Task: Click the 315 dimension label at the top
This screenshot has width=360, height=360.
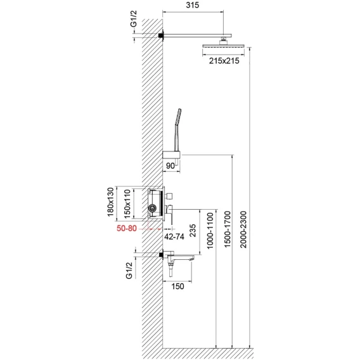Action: coord(193,5)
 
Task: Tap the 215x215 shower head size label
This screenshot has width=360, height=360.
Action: coord(224,61)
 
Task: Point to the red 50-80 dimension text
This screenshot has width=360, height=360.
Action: coord(127,228)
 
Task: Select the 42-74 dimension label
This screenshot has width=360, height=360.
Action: coord(174,236)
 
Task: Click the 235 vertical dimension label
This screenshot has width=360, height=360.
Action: coord(193,231)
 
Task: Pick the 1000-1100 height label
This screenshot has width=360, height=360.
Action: coord(210,231)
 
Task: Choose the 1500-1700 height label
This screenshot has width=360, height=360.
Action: coord(227,229)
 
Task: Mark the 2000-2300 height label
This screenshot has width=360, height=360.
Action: coord(243,229)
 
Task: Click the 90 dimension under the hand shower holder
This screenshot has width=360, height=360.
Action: coord(170,166)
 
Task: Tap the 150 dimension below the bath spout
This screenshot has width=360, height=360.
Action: coord(178,286)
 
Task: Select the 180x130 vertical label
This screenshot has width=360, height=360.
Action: coord(111,202)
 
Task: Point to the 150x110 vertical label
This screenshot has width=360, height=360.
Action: coord(127,203)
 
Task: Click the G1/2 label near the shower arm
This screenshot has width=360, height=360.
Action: coord(134,19)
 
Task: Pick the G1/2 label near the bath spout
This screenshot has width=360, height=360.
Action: coord(129,271)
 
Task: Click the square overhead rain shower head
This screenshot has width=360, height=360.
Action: coord(223,46)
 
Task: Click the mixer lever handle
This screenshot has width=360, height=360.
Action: coord(169,214)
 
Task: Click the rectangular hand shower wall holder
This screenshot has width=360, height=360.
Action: coord(172,155)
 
